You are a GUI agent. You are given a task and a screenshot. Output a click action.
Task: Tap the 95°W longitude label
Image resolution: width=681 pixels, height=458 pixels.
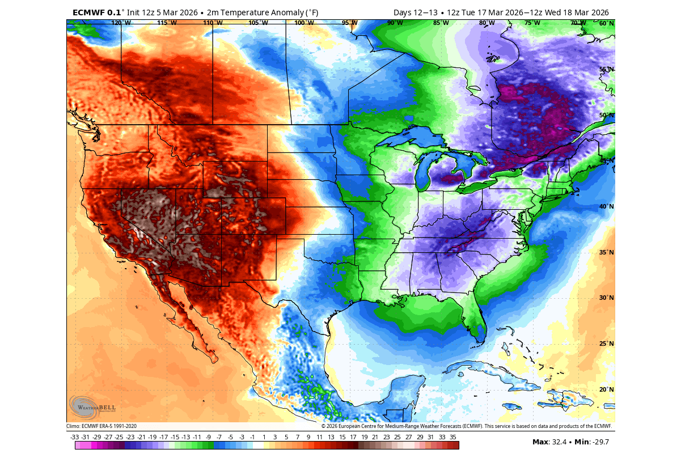click(350, 23)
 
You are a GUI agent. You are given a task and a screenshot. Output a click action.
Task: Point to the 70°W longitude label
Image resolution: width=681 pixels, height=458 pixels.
click(578, 23)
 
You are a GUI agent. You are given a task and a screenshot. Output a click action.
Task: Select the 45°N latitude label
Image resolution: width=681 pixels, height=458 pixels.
click(607, 161)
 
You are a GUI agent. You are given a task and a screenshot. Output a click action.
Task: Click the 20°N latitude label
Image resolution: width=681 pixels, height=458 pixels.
click(607, 390)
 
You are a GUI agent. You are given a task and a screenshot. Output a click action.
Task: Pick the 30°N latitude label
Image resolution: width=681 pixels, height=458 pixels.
click(607, 298)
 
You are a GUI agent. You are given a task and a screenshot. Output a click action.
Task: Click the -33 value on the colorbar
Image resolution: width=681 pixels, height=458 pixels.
click(74, 437)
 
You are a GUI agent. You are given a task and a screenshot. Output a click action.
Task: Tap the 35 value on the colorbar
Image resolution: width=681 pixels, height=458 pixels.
click(453, 437)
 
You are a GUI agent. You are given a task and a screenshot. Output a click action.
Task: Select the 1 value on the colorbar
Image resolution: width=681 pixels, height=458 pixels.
click(264, 437)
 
